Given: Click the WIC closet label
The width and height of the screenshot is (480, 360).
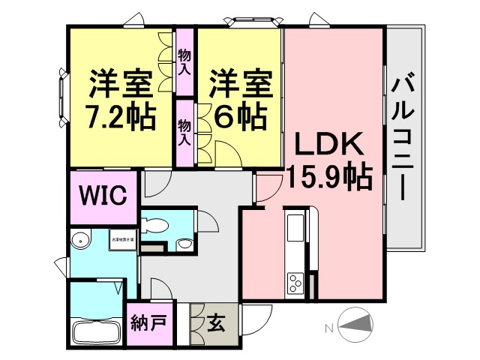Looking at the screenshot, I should click(x=103, y=196).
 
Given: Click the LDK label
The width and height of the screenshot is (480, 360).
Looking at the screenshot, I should click(x=327, y=144).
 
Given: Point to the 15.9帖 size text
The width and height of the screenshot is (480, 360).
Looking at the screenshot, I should click(x=327, y=176).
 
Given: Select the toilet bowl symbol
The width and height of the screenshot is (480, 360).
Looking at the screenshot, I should click(x=154, y=224).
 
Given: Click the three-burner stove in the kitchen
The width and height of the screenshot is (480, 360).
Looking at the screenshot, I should click(x=295, y=283).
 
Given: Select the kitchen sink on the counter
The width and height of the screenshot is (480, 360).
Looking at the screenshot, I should click(x=295, y=226).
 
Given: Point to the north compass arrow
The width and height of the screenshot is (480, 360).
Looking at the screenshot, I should click(x=355, y=324).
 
